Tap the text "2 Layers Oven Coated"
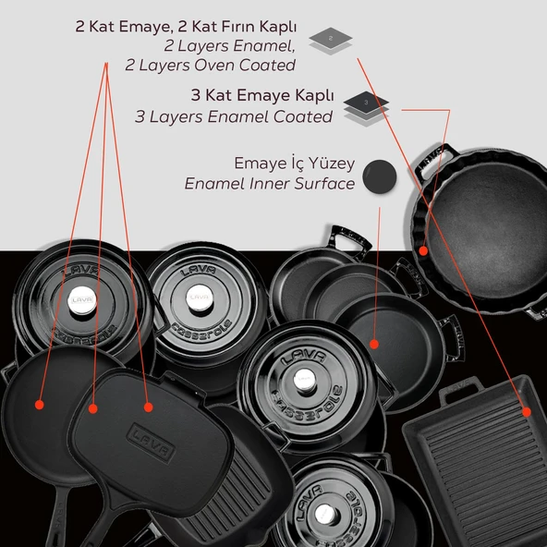click(x=211, y=66)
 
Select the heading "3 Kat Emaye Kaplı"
click(x=262, y=95)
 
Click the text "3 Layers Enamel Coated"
click(x=234, y=116)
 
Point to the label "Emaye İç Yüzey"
click(x=295, y=164)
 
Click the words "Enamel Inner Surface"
click(x=270, y=184)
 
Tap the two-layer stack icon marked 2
click(x=331, y=41)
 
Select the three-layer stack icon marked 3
click(x=366, y=108)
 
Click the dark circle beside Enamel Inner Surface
click(x=380, y=176)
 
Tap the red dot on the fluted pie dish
click(x=423, y=250)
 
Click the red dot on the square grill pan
click(x=527, y=412)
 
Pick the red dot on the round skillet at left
click(x=40, y=405)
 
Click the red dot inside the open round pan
click(x=374, y=345)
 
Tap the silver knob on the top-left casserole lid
click(x=82, y=300)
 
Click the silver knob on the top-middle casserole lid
click(x=200, y=298)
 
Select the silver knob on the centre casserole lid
click(x=304, y=380)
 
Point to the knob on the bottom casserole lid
click(x=326, y=515)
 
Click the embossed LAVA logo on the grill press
click(x=151, y=443)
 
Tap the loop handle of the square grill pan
click(x=460, y=390)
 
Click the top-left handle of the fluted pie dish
click(x=434, y=160)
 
